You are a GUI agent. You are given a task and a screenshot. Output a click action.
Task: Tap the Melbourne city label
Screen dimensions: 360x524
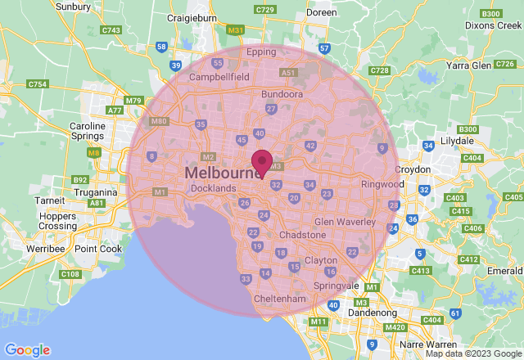tap(223, 173)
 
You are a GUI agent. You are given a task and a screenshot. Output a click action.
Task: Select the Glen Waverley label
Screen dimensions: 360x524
tap(344, 222)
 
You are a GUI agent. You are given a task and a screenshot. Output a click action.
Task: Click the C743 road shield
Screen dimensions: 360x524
tap(111, 30)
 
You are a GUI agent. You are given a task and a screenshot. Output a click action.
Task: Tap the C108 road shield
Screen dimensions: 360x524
tap(70, 274)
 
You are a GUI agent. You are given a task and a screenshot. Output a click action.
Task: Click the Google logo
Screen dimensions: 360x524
tap(27, 350)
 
